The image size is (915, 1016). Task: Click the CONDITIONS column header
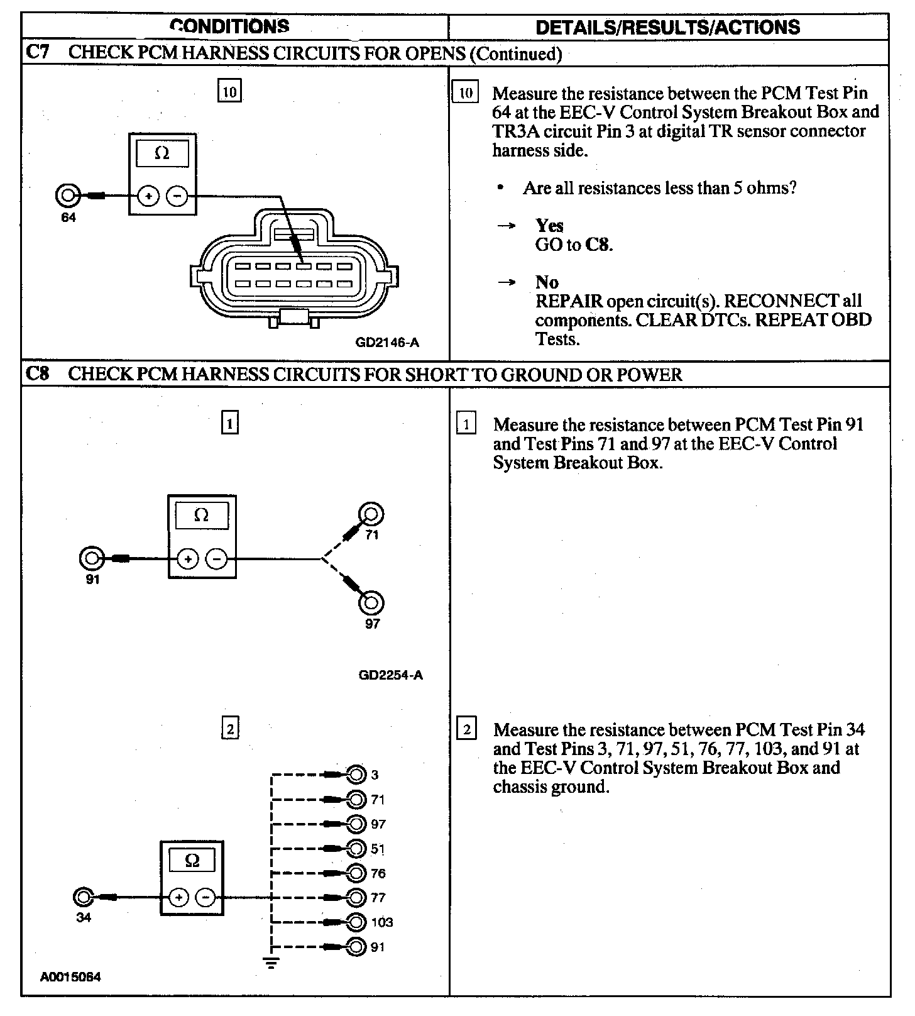point(230,26)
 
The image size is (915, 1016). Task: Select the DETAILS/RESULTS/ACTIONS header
point(667,27)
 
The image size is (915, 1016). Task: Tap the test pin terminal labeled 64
point(67,196)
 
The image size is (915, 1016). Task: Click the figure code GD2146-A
point(387,343)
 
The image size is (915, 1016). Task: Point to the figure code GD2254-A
point(390,675)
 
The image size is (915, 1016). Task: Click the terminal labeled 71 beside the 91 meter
point(371,514)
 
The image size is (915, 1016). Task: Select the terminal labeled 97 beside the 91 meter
point(371,602)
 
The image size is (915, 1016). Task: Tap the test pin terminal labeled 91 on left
point(92,558)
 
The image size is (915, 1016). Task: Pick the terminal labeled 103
point(356,922)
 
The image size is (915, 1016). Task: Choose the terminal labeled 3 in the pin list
point(356,775)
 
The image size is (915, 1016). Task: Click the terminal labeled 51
point(356,849)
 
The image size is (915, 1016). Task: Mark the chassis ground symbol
point(271,962)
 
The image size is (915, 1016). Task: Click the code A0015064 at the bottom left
point(70,977)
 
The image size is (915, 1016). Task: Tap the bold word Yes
point(549,226)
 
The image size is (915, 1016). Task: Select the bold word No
point(547,282)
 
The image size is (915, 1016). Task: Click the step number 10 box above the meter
point(229,92)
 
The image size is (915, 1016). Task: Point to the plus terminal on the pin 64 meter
point(148,196)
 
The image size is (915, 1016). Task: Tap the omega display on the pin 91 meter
point(201,516)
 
